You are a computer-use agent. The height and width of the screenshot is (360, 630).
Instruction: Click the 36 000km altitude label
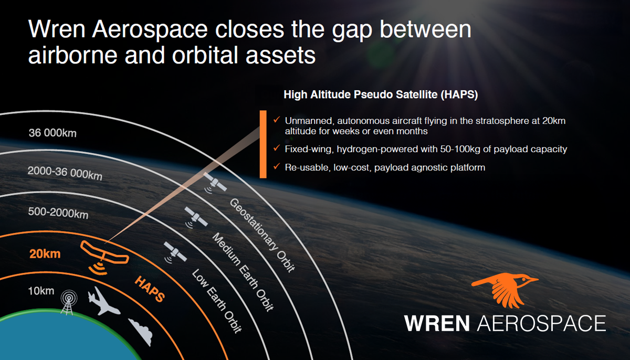click(52, 133)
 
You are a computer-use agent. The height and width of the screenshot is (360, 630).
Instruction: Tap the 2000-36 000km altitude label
click(65, 172)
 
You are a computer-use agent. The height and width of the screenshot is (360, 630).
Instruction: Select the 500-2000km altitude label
click(58, 214)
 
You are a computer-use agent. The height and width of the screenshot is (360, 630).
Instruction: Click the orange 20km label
click(45, 255)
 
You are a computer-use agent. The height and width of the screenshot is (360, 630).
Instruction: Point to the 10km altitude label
click(40, 291)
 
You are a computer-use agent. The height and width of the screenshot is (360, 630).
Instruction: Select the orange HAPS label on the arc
click(150, 289)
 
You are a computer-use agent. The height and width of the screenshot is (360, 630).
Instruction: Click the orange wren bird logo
click(503, 290)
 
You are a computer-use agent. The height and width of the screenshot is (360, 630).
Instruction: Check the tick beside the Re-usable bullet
click(276, 167)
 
